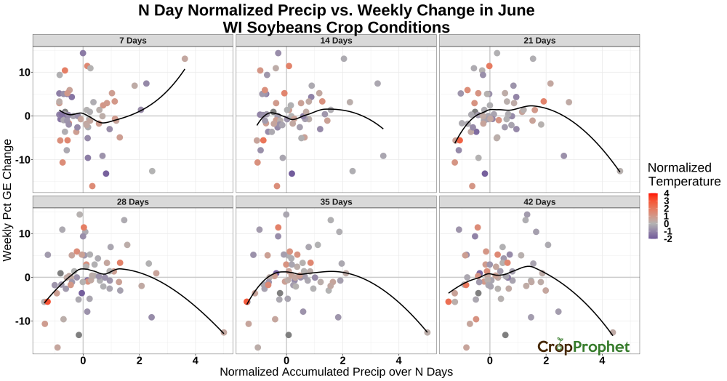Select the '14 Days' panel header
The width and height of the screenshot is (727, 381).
[x=336, y=40]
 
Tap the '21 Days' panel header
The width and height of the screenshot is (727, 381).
[x=539, y=40]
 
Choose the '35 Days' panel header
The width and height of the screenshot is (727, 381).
[x=336, y=201]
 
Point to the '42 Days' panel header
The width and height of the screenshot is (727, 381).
[x=539, y=201]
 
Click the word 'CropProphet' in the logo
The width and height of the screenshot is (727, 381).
[x=584, y=347]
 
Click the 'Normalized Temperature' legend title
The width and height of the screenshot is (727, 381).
[x=683, y=175]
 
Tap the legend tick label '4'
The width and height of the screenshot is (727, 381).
[x=666, y=193]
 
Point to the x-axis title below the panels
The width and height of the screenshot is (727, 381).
[x=336, y=372]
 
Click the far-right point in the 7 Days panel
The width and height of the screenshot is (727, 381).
[x=185, y=59]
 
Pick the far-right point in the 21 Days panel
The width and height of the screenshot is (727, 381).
[x=620, y=171]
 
